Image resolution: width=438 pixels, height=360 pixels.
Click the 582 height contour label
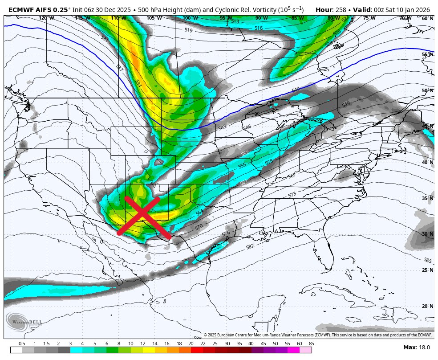tap(250, 246)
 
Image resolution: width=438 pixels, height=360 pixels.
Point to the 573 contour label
tap(292, 195)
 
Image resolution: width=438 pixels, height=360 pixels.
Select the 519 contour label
tap(188, 30)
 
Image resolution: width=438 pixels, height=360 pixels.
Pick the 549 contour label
tap(346, 104)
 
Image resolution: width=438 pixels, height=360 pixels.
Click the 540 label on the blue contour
tap(296, 90)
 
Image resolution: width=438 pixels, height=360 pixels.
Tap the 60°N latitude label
tap(427, 19)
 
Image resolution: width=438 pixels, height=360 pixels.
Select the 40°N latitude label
tap(427, 163)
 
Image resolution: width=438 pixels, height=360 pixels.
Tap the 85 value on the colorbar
tap(311, 344)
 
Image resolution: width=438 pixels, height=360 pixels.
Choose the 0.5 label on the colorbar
tap(22, 344)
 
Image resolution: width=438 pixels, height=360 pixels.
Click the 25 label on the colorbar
tap(215, 344)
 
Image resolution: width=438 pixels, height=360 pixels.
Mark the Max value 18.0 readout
tap(425, 348)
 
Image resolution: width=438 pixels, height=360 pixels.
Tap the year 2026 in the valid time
tap(422, 9)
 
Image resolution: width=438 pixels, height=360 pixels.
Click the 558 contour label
tap(268, 162)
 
